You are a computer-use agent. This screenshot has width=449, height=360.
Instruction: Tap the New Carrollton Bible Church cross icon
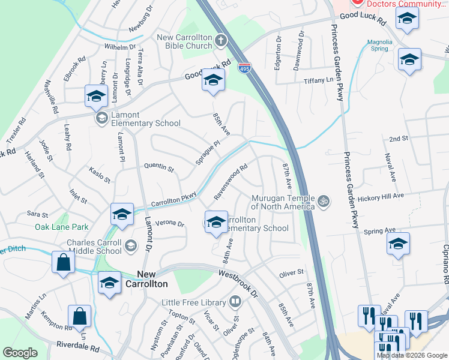click(x=221, y=41)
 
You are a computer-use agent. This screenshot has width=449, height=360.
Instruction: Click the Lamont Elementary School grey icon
click(x=101, y=117)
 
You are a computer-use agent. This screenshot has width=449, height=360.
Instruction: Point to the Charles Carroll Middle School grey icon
click(x=131, y=245)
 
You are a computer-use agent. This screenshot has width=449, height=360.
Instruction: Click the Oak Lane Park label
click(x=61, y=227)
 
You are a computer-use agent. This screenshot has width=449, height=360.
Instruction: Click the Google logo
click(x=20, y=353)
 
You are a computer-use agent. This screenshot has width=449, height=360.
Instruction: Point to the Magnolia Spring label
click(x=379, y=46)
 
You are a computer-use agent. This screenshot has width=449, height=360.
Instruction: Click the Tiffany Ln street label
click(x=318, y=80)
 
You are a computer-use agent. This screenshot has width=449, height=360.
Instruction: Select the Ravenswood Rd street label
click(x=231, y=183)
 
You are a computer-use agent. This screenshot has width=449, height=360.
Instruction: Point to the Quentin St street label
click(x=159, y=169)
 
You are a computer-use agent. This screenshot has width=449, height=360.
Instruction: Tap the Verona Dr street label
click(x=169, y=224)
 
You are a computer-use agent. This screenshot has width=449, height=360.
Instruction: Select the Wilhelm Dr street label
click(x=120, y=47)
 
